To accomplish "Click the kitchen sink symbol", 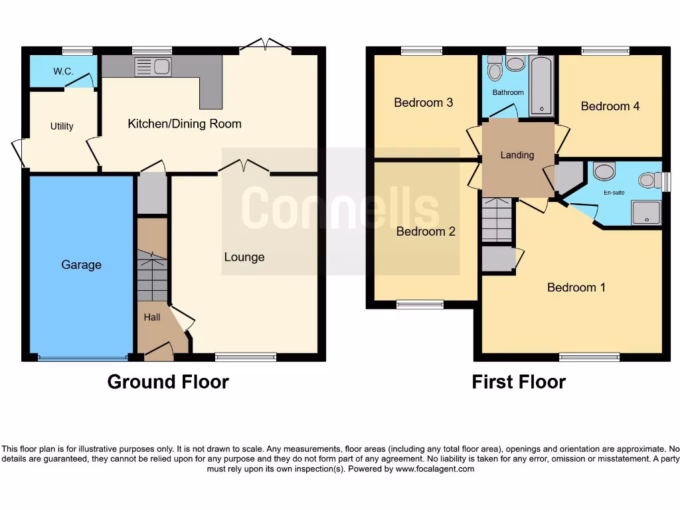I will (x=153, y=67).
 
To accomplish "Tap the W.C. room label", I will (x=63, y=71).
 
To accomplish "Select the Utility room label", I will (x=62, y=126).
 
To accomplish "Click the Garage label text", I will (x=81, y=264).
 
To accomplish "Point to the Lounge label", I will (x=244, y=257).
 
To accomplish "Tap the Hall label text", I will (x=152, y=317).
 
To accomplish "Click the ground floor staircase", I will (x=152, y=275).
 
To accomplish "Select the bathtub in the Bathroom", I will (x=541, y=86).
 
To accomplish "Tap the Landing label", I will (x=517, y=155).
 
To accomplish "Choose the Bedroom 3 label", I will (x=423, y=102).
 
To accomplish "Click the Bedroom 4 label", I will (x=610, y=106).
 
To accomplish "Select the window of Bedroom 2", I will (x=420, y=305).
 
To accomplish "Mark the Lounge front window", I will (x=246, y=357).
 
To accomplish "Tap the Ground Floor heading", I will (x=168, y=382).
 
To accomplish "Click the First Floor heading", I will (x=519, y=382).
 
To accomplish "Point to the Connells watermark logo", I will (x=340, y=208).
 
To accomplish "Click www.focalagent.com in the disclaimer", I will (x=435, y=469).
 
